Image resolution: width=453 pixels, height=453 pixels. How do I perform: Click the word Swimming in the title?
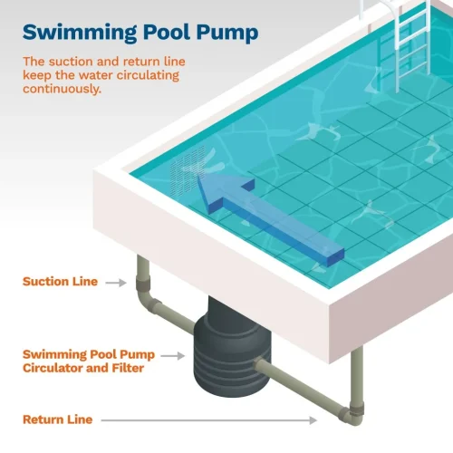pos(80,33)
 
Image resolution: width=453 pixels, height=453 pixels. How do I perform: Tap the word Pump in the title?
pos(227,33)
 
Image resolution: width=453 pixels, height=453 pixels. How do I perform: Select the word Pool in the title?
pos(167,32)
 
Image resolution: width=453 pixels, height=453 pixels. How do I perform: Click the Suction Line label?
pos(60,282)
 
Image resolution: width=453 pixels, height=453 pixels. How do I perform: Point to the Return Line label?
pos(58,419)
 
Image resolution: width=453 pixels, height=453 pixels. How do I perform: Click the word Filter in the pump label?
pos(128,368)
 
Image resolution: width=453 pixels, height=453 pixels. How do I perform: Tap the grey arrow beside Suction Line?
pos(116,283)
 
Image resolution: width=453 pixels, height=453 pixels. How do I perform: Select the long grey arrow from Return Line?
pos(209,420)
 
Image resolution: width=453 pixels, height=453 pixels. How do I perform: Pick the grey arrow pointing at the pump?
pos(172,356)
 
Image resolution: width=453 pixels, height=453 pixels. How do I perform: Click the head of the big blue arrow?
pos(224,192)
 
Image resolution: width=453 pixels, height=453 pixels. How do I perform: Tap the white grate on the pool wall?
pos(188,170)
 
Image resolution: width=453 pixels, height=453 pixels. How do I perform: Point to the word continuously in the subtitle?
pos(62,89)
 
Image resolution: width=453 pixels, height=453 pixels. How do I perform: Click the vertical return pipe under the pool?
pos(357,379)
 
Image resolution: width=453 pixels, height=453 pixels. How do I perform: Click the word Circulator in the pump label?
pos(65,368)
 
